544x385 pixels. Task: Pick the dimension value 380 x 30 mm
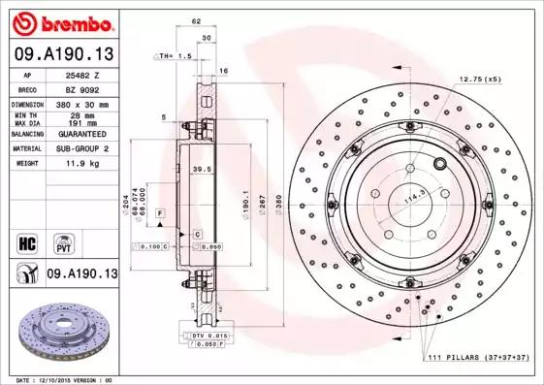81,102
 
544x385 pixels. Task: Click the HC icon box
27,241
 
